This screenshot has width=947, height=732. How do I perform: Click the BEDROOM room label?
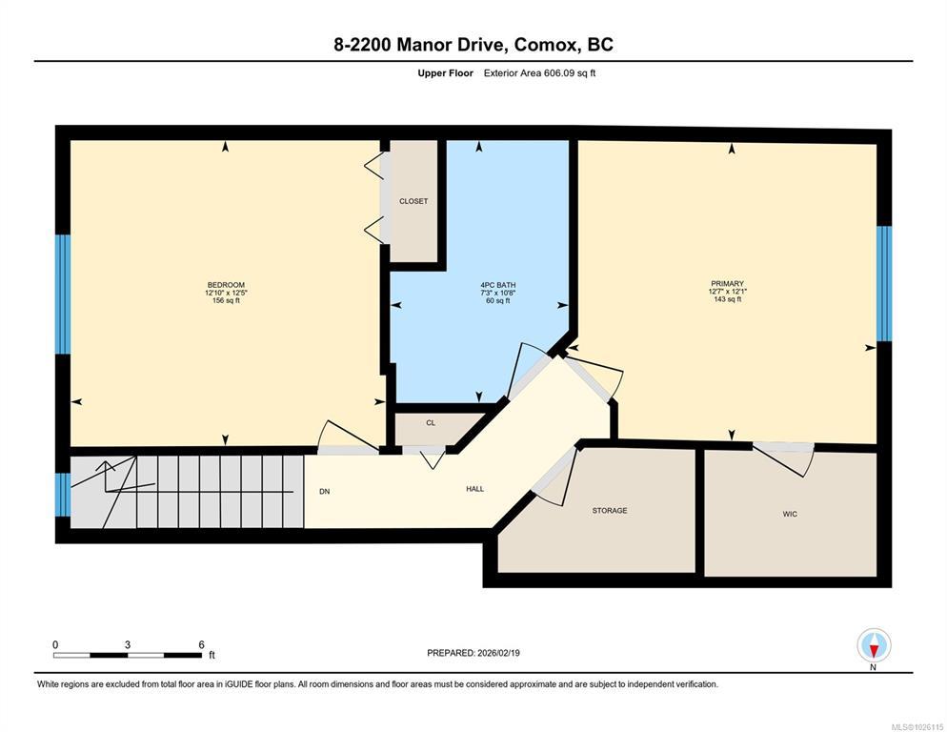tap(226, 285)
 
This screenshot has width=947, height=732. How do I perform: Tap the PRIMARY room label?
tap(727, 283)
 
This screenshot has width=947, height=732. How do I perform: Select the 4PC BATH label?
tap(498, 285)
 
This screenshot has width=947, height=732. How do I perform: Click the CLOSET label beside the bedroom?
tap(413, 201)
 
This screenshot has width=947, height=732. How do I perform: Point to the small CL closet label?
tap(431, 423)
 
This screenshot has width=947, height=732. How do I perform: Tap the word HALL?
tap(475, 489)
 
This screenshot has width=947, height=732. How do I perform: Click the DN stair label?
tap(324, 492)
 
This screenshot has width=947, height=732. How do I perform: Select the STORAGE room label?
tap(610, 511)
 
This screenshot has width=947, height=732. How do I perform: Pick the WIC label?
tap(790, 515)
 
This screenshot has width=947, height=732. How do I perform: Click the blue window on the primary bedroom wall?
tap(884, 283)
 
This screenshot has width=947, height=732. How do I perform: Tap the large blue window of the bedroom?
tap(63, 294)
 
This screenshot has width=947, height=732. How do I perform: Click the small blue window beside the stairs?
tap(63, 495)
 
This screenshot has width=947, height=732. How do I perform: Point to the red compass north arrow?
tap(874, 651)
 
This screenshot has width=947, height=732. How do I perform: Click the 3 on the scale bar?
tap(128, 645)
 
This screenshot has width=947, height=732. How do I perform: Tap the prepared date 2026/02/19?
tap(499, 653)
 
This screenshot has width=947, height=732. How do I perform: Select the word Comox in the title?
tap(543, 45)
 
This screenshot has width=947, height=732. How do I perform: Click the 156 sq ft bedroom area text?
tap(226, 300)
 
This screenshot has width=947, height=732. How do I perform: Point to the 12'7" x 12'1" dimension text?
tap(728, 292)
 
